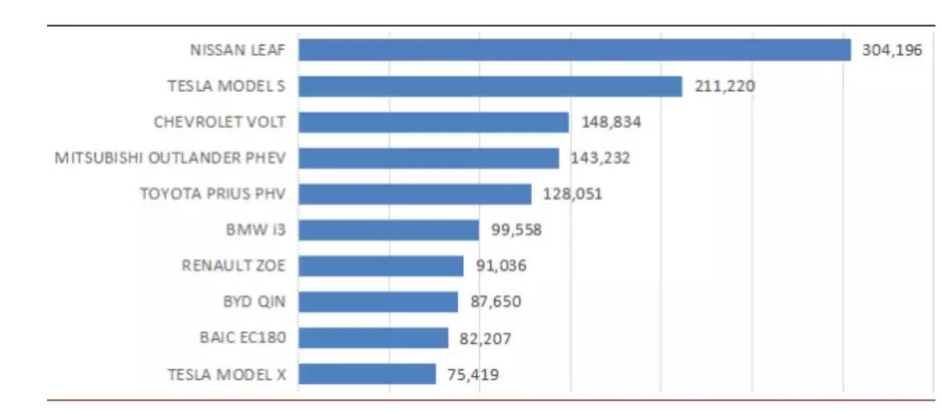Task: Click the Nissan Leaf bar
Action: [x=575, y=50]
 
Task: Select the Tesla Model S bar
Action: [x=490, y=86]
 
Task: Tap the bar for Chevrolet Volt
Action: [x=434, y=122]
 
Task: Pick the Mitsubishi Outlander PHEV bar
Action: [x=429, y=158]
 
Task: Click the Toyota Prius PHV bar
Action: [x=415, y=194]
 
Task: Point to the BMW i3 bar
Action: [x=389, y=230]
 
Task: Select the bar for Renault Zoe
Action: [x=381, y=266]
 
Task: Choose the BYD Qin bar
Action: [x=378, y=302]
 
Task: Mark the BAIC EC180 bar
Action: [x=373, y=338]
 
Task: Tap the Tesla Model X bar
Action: [x=367, y=374]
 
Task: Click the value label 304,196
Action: [x=892, y=50]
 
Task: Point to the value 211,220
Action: [x=724, y=86]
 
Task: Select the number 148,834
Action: [x=611, y=122]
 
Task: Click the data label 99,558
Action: [x=516, y=230]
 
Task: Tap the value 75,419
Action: [x=473, y=375]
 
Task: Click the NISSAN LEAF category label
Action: [x=237, y=50]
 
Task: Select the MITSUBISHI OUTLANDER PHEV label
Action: [x=170, y=158]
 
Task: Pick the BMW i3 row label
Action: [x=255, y=230]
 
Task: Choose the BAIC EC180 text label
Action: [x=242, y=338]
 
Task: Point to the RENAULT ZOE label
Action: [x=233, y=266]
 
